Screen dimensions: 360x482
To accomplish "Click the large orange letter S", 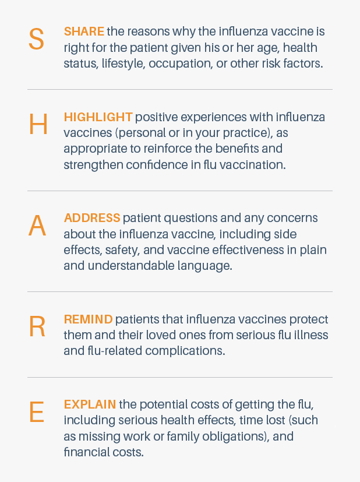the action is tap(36, 39).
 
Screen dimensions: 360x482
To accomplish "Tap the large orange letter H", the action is tap(38, 124).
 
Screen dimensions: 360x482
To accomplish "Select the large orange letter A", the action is tap(37, 226).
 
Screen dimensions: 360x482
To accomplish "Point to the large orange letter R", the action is tap(37, 326).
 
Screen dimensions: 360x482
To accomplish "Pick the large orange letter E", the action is tap(37, 412).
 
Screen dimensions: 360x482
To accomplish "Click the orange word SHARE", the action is tap(84, 31).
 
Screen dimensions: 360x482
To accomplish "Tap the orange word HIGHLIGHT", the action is tap(98, 117).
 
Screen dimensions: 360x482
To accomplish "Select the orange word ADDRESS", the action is tap(92, 218).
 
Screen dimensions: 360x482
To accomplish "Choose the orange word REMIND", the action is tap(88, 319).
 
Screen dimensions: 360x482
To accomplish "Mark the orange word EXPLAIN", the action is tap(90, 404).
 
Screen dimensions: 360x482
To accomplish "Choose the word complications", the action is tap(185, 351).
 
